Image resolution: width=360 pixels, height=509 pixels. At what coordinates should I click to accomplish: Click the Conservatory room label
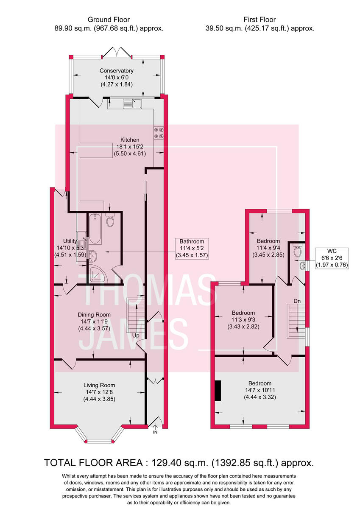(x=117, y=77)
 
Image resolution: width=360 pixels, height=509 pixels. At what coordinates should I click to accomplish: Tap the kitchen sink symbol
(x=132, y=103)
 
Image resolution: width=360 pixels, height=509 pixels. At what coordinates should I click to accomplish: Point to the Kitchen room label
(x=130, y=146)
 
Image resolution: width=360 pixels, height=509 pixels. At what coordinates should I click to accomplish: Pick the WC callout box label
(x=332, y=258)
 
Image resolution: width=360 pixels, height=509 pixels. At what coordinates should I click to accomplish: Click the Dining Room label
(x=94, y=321)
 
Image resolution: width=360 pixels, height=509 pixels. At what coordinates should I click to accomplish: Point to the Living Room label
(x=99, y=392)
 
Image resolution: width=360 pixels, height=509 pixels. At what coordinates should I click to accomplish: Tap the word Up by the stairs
(x=136, y=336)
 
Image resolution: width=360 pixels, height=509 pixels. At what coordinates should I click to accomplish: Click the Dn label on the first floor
(x=297, y=301)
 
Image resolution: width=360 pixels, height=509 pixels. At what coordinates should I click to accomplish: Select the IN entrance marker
(x=155, y=432)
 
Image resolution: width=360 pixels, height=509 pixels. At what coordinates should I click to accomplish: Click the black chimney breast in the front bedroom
(x=218, y=391)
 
